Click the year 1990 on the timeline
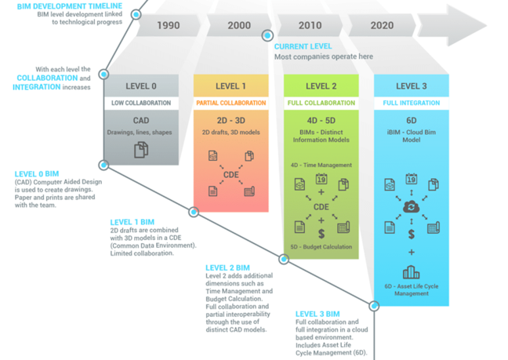(x=168, y=25)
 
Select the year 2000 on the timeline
(x=239, y=25)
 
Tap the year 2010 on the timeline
(x=310, y=25)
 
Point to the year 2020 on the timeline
(x=382, y=25)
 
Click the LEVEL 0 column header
(x=141, y=86)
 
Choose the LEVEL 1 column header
(x=231, y=86)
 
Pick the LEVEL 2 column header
(x=321, y=86)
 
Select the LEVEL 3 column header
(x=412, y=86)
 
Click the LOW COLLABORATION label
(x=141, y=103)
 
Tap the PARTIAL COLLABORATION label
(x=231, y=103)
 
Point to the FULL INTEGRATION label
(x=412, y=103)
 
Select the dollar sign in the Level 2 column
(x=321, y=233)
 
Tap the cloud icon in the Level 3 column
(x=411, y=206)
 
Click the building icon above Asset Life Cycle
(x=411, y=273)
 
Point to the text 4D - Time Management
(x=321, y=165)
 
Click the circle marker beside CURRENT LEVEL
(x=267, y=35)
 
